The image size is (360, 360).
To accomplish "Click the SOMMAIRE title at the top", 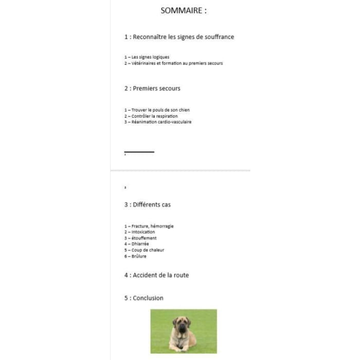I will point(184,10).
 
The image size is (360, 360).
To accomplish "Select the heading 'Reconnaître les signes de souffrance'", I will point(179,37).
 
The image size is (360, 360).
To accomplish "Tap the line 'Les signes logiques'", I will point(147,57).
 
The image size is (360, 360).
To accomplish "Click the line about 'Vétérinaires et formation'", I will point(173,63).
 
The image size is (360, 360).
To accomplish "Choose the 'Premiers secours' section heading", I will point(152,88).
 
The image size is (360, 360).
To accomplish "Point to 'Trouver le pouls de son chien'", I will point(157,110).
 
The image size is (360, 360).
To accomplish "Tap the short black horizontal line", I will point(139,152).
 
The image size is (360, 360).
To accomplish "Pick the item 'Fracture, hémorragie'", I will point(149,226).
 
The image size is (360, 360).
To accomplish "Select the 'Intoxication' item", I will point(139,232).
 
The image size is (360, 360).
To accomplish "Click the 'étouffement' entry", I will point(140,238).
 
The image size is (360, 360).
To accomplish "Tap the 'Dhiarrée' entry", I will point(137,244).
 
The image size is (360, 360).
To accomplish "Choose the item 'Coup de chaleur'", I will point(144,250).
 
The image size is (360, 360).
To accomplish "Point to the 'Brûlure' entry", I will point(135,257).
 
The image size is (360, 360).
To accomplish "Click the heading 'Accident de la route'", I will point(156,275).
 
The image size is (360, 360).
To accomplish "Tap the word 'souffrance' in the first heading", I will point(219,37).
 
